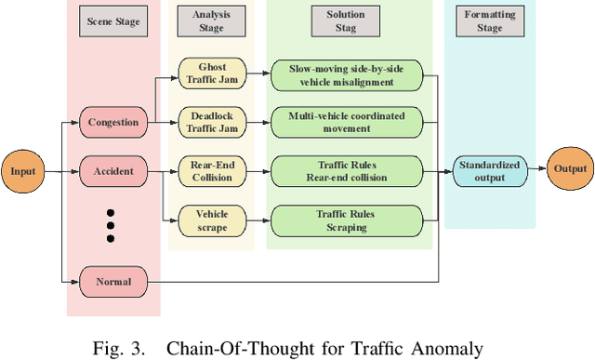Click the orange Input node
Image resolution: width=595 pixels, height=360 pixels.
click(x=23, y=172)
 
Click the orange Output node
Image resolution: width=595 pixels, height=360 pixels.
click(x=571, y=169)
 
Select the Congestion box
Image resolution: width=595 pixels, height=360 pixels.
click(x=112, y=122)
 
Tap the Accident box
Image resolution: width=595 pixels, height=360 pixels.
click(x=112, y=172)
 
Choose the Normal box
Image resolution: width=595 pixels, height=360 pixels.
click(x=112, y=280)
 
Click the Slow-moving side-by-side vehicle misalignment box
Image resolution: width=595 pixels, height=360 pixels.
click(x=346, y=73)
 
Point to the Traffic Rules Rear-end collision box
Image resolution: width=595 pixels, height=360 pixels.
click(x=346, y=172)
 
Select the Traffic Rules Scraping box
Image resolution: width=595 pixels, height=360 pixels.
click(x=346, y=219)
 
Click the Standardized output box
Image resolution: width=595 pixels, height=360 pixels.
click(x=489, y=172)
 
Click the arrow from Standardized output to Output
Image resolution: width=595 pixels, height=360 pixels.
click(x=535, y=169)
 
